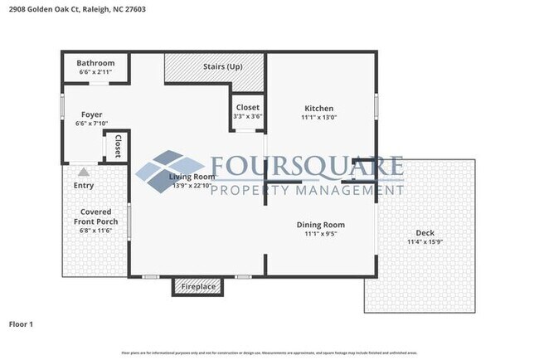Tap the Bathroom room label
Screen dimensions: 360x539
[x=95, y=63]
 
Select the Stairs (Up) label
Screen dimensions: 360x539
[x=223, y=66]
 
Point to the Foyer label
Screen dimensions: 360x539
[x=91, y=114]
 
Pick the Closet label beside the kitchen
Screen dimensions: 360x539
[x=247, y=108]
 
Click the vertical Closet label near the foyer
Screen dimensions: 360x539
[x=118, y=146]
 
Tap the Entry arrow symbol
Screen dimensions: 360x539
[x=83, y=173]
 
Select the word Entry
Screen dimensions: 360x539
[x=84, y=186]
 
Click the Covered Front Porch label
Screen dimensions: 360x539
[x=95, y=216]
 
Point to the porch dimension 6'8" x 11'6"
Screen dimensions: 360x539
[x=95, y=231]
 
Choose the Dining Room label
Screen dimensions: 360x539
[x=321, y=225]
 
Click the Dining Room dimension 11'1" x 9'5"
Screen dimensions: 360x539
[x=321, y=235]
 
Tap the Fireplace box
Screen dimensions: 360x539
[x=198, y=287]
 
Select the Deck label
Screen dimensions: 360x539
[x=425, y=233]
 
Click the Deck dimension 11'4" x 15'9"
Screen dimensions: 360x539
[x=425, y=242]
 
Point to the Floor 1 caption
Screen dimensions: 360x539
[x=21, y=324]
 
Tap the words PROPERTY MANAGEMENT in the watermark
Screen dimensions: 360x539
[x=308, y=191]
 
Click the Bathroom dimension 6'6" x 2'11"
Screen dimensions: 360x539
[x=95, y=73]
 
